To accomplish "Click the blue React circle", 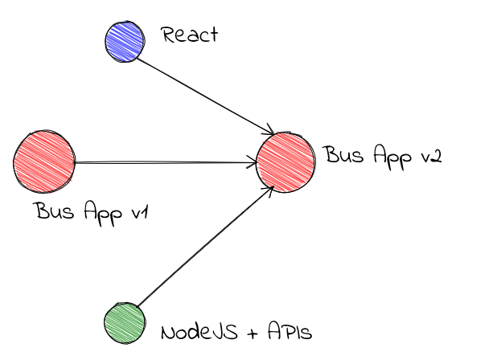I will pyautogui.click(x=125, y=40).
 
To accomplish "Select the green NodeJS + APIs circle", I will pyautogui.click(x=125, y=323).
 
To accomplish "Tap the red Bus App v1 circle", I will pyautogui.click(x=43, y=162).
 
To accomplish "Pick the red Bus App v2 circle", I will pyautogui.click(x=286, y=162).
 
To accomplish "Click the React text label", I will pyautogui.click(x=190, y=35).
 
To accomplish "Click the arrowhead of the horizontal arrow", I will pyautogui.click(x=252, y=163).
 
